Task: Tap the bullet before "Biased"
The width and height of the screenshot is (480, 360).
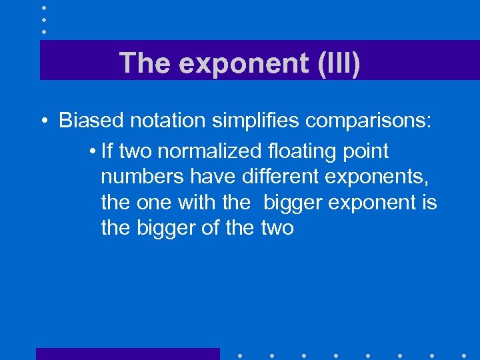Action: [43, 121]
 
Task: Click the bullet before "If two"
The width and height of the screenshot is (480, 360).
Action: [91, 152]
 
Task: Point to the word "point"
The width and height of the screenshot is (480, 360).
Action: [367, 151]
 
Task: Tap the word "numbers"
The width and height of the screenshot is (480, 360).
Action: [142, 177]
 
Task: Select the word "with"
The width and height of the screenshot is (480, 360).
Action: [194, 203]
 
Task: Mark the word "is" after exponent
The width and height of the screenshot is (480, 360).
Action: [429, 203]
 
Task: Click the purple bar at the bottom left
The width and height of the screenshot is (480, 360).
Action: [127, 354]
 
